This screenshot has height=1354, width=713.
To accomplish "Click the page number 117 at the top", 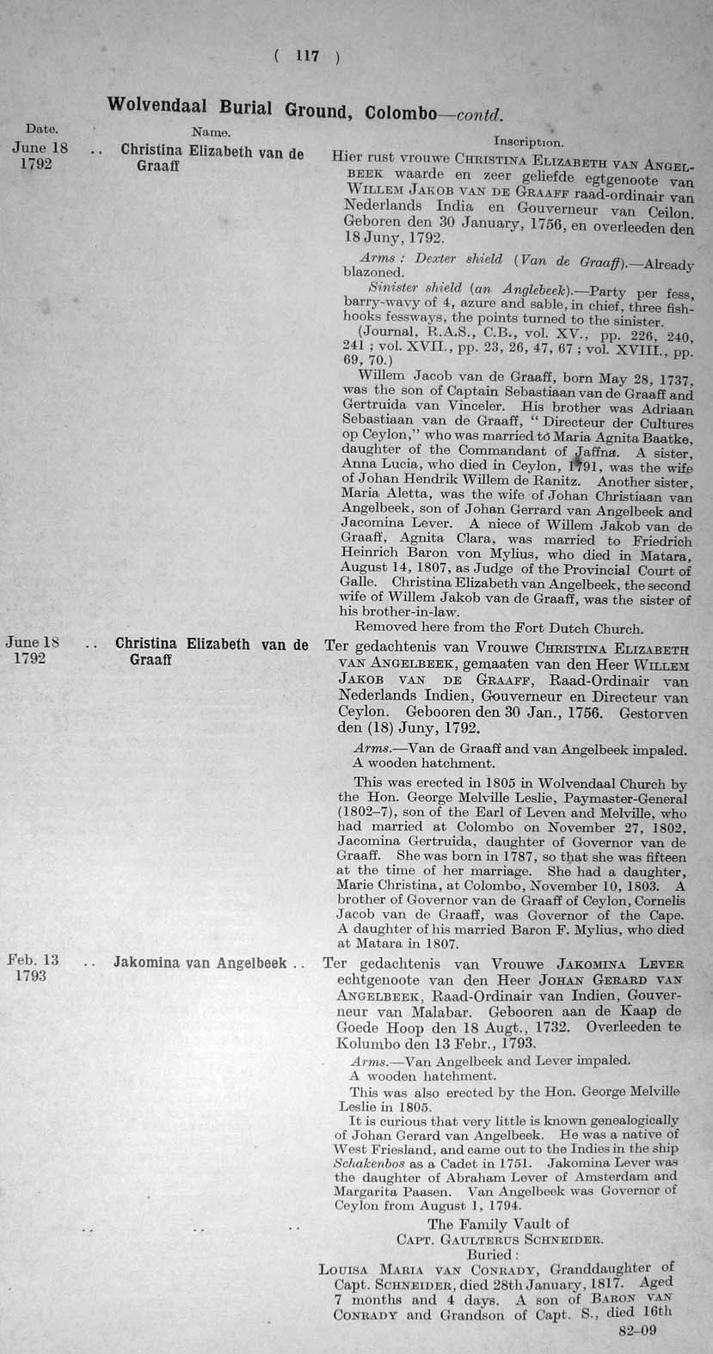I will point(307,57).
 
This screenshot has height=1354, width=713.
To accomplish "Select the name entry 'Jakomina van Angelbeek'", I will point(200,963).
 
